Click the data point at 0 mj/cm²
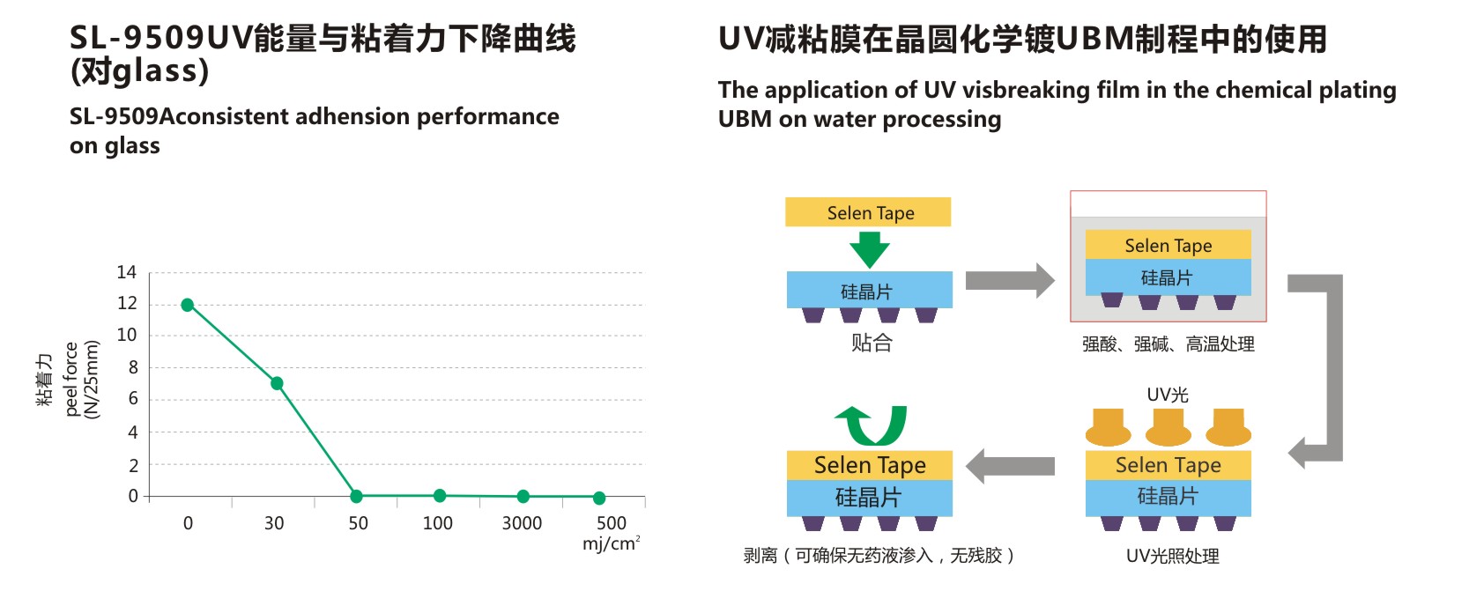[187, 305]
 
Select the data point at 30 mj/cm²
[277, 383]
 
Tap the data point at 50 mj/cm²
[356, 497]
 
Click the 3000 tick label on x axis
[522, 523]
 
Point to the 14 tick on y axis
[127, 272]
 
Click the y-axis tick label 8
[133, 367]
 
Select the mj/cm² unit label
[611, 543]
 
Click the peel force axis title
[71, 379]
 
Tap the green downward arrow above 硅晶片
[869, 249]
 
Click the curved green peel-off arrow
[872, 425]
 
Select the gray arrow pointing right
[1010, 281]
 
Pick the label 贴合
[872, 344]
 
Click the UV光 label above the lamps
[1168, 395]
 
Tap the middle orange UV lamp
[1169, 427]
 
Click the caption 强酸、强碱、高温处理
[1168, 344]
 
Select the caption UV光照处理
[1172, 556]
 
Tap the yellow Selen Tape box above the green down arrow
[868, 212]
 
